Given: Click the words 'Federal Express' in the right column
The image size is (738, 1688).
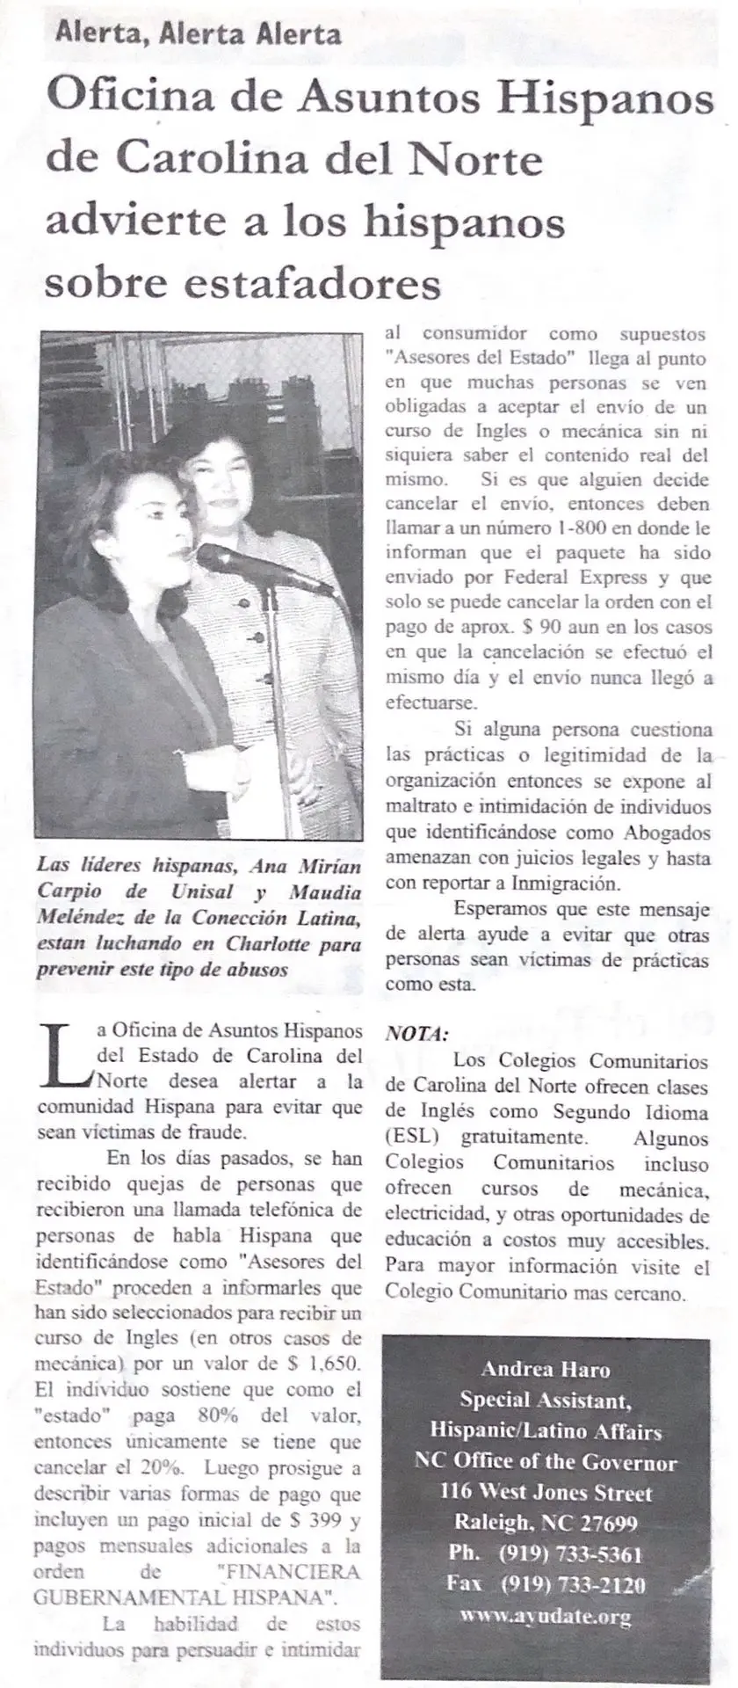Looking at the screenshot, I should click(571, 578).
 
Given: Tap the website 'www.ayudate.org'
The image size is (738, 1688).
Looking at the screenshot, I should click(546, 1616).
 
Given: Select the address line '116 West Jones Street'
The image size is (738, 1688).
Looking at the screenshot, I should click(546, 1492).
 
